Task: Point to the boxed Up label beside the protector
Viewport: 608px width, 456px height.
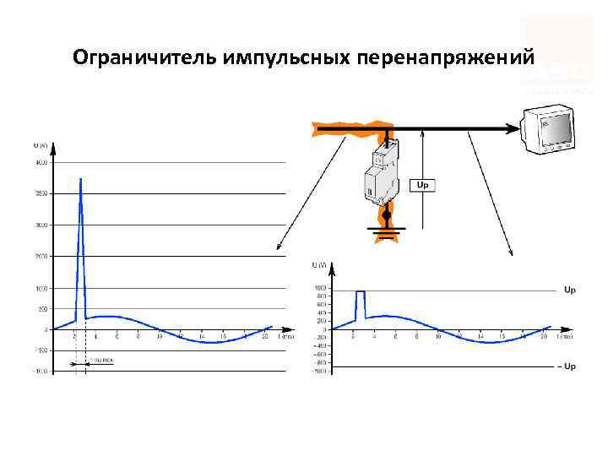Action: coord(421,184)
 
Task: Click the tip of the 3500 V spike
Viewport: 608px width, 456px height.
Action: coord(80,179)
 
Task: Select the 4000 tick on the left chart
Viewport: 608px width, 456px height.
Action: coord(41,163)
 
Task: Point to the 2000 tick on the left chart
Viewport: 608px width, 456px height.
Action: coord(41,256)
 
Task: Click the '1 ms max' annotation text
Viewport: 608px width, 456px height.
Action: coord(102,361)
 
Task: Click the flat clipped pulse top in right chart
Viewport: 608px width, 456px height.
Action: coord(360,291)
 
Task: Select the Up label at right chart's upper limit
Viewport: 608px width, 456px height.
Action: coord(570,290)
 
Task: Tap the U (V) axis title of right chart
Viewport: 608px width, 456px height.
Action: coord(319,266)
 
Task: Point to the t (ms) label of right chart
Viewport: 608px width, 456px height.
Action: coord(564,336)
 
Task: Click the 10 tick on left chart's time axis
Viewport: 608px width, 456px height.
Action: coord(160,336)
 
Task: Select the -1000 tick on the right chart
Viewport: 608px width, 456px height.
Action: coord(319,371)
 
